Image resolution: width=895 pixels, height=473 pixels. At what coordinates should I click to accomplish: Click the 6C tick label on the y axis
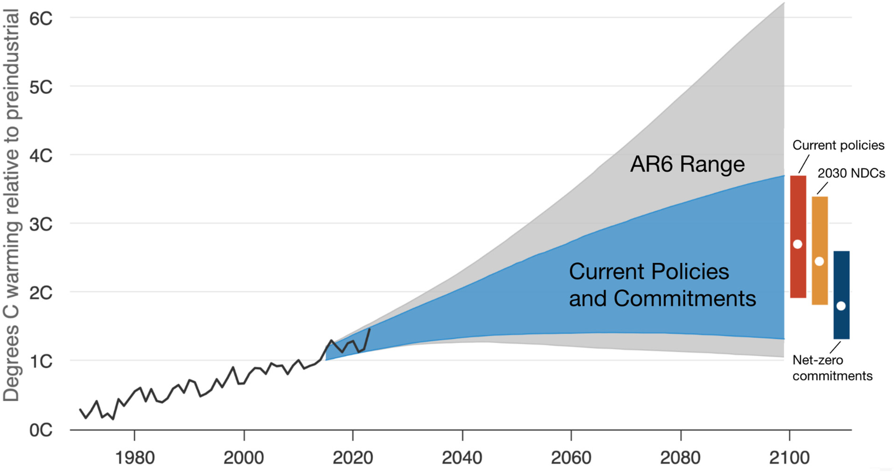pos(41,18)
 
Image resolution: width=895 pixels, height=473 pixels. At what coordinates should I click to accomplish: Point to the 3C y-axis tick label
pos(41,225)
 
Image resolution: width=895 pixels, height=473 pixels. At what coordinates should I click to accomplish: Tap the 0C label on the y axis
pos(41,430)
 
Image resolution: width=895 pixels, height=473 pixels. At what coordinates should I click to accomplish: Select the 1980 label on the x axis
pos(135,458)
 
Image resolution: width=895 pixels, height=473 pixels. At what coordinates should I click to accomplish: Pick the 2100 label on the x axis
pos(789,458)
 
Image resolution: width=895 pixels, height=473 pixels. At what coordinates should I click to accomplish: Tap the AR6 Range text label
pos(687,164)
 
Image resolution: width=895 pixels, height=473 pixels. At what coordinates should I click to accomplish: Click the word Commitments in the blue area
pos(684,298)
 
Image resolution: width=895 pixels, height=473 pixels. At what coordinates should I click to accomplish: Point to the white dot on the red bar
pos(798,244)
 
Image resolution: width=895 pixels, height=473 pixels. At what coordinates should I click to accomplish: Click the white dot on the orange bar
pos(819,261)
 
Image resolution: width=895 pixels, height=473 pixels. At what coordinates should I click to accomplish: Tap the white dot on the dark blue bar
pos(841,306)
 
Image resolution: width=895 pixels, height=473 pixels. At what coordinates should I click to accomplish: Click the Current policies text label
pos(838,145)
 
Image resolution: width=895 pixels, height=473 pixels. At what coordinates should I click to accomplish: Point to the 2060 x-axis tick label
pos(571,458)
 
